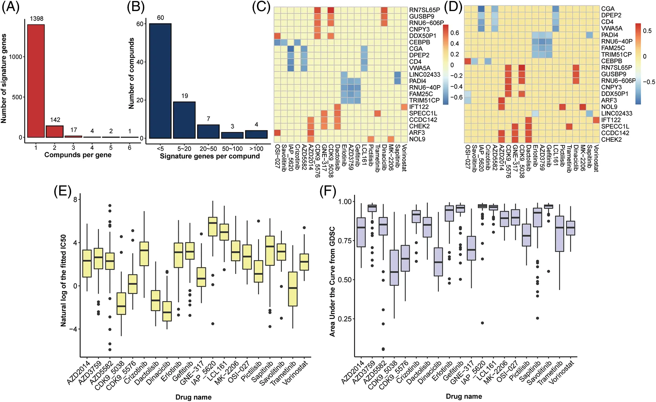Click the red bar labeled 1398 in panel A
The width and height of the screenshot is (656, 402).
[36, 81]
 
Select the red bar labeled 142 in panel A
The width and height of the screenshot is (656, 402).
[55, 131]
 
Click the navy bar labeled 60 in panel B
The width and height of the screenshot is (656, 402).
[160, 81]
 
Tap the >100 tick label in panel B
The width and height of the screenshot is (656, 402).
[256, 149]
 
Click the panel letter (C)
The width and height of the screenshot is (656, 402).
[261, 7]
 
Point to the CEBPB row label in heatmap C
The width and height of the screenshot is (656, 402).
[419, 42]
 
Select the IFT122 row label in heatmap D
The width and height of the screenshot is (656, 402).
[611, 120]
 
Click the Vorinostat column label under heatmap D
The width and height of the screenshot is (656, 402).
[596, 158]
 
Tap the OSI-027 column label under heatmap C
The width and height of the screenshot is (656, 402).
[277, 156]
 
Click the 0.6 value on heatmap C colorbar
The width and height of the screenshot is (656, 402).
[455, 33]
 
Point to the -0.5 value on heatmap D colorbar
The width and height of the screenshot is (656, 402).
[649, 82]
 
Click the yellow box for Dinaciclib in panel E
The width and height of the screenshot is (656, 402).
[167, 311]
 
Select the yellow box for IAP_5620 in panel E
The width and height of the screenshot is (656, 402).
[213, 226]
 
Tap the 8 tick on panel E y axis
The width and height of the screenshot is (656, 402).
[75, 199]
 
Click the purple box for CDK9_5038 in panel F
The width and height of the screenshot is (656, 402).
[394, 268]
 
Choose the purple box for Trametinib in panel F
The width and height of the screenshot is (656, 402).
[559, 234]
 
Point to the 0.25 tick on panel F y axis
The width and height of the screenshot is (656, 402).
[345, 319]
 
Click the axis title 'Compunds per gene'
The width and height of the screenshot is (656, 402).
[78, 155]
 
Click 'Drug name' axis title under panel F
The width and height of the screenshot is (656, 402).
[464, 396]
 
